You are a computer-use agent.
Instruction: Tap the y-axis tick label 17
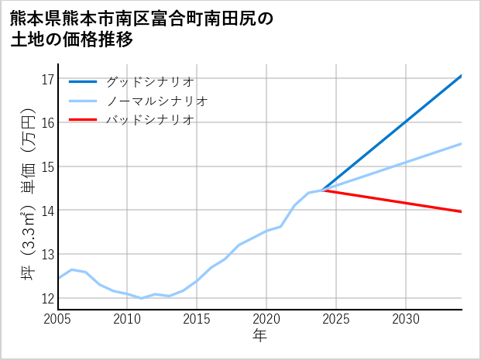(46, 79)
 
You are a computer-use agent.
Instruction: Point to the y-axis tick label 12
(46, 299)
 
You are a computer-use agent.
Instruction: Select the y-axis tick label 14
(46, 211)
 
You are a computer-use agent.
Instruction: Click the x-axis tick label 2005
(58, 319)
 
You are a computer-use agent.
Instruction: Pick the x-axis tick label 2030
(406, 319)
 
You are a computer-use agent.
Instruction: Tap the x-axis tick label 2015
(198, 319)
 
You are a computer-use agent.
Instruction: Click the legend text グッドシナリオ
(149, 81)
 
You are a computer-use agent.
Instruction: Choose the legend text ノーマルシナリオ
(156, 101)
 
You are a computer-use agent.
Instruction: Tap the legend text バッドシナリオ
(149, 120)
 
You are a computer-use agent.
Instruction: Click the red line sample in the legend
(83, 120)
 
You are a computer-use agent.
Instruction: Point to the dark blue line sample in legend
(83, 81)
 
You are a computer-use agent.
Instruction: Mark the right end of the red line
(462, 211)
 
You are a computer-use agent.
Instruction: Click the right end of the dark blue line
(462, 75)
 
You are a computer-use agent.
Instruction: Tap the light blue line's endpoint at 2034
(462, 143)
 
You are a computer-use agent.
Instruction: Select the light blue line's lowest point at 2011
(141, 298)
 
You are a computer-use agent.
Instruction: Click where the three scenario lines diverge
(322, 190)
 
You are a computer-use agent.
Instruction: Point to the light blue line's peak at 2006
(71, 269)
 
